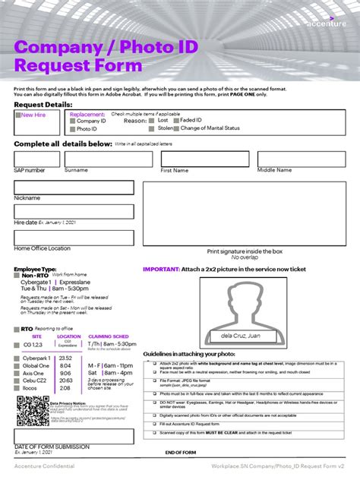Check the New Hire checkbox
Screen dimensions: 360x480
pyautogui.click(x=18, y=115)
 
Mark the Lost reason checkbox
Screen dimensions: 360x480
pyautogui.click(x=153, y=121)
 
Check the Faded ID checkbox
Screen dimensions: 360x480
pyautogui.click(x=175, y=121)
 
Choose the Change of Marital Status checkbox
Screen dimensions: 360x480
pyautogui.click(x=175, y=129)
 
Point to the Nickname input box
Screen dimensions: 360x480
pyautogui.click(x=74, y=188)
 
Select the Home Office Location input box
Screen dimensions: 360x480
pyautogui.click(x=74, y=238)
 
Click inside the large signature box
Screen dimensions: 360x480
pyautogui.click(x=245, y=214)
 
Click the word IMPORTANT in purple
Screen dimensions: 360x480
pyautogui.click(x=161, y=270)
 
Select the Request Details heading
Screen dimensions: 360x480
pyautogui.click(x=43, y=104)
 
